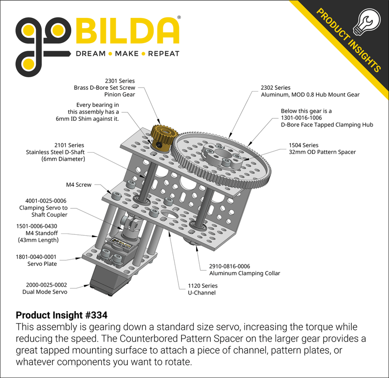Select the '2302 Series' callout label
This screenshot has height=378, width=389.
click(x=275, y=88)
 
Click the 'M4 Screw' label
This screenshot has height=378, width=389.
click(x=79, y=185)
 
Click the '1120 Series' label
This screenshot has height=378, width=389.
click(x=203, y=286)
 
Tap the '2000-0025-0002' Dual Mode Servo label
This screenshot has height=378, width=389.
click(x=44, y=285)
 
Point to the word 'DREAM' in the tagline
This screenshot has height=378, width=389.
click(x=90, y=54)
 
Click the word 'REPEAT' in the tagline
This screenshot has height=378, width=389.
click(x=163, y=54)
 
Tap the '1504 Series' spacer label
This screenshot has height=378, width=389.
click(x=303, y=145)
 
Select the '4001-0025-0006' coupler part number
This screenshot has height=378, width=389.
click(x=43, y=201)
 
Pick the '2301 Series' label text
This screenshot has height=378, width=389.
click(x=120, y=81)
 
